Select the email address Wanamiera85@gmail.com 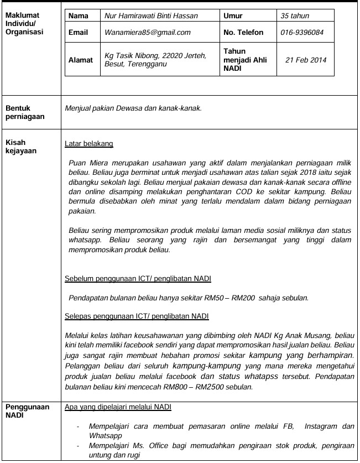tap(147, 33)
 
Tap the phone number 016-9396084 tap(302, 33)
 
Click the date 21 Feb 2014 tap(306, 60)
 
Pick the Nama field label tap(78, 16)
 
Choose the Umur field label tap(233, 16)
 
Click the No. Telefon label tap(243, 33)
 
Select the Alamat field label tap(81, 60)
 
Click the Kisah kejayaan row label tap(20, 147)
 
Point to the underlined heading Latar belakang tap(89, 144)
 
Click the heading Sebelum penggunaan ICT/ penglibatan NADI tap(138, 278)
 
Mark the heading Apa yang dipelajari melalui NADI tap(118, 407)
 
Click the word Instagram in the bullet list tap(319, 427)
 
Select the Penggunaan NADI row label tap(28, 411)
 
